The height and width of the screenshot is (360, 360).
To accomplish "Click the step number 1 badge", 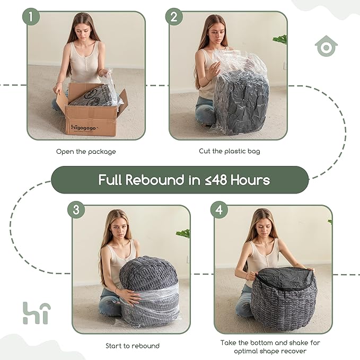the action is tap(31, 16).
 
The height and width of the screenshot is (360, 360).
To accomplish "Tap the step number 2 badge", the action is tap(174, 16).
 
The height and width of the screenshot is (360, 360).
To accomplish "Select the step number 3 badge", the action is tap(76, 210).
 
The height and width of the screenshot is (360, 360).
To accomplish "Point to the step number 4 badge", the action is tap(219, 210).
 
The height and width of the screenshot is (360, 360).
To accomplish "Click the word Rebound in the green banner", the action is tap(155, 180).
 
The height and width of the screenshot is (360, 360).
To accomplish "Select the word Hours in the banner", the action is tap(250, 180).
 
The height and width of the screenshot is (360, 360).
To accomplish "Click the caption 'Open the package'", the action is tap(86, 152).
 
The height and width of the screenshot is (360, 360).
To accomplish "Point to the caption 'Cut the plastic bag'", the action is tap(230, 151).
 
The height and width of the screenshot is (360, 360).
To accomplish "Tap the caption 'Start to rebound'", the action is tap(133, 346).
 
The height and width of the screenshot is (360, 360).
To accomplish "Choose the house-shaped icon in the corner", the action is tap(326, 46).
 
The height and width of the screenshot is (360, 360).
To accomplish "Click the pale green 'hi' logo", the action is tap(37, 313).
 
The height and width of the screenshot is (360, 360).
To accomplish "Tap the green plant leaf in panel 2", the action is tap(280, 39).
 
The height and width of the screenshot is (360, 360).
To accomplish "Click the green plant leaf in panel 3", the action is tap(183, 233).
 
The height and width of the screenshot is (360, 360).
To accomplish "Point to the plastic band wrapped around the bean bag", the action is tap(149, 296).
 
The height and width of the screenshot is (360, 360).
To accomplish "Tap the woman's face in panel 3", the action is tap(119, 230).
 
